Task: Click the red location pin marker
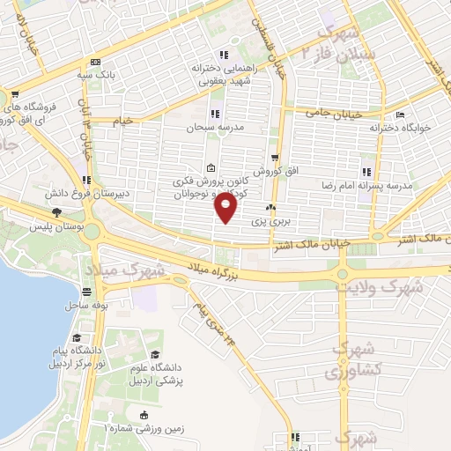click(227, 209)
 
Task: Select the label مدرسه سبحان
click(206, 128)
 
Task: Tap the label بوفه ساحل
click(86, 304)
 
